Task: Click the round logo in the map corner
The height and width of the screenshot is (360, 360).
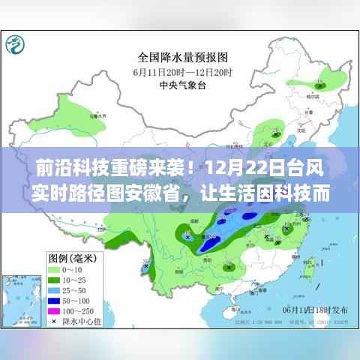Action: [16, 44]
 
